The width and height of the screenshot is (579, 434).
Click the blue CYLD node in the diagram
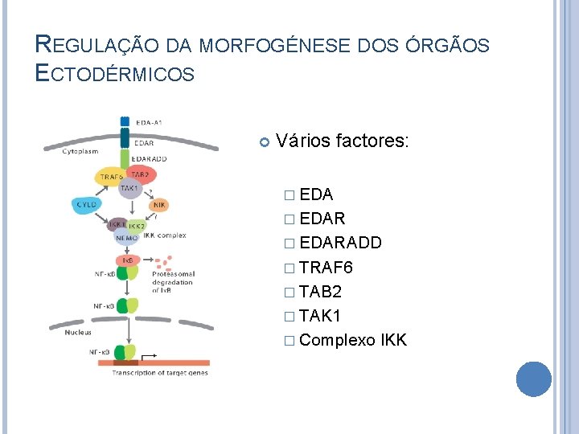86,206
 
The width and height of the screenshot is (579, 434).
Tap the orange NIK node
158,206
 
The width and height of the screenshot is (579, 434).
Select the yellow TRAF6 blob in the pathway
111,177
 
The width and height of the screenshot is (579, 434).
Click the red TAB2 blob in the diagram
138,174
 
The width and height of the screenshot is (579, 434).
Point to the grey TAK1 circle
129,187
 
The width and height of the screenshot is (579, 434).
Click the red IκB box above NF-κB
127,260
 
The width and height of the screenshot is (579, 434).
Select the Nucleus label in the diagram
78,332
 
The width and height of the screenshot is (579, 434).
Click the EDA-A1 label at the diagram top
149,122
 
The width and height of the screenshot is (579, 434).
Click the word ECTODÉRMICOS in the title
115,74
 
